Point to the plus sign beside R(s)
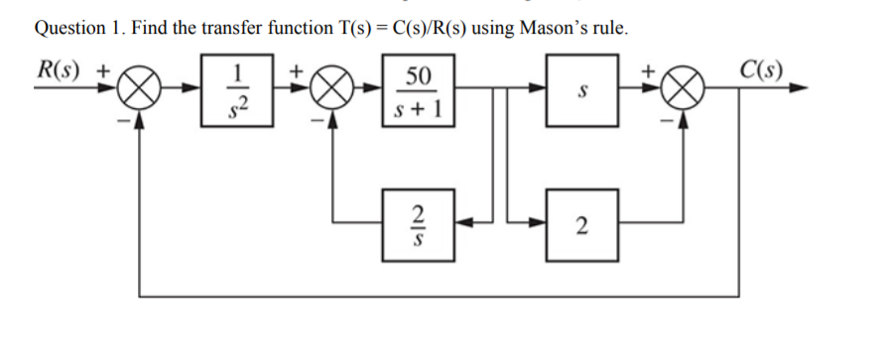point(102,70)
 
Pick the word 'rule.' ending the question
point(610,27)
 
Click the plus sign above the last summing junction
point(651,70)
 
